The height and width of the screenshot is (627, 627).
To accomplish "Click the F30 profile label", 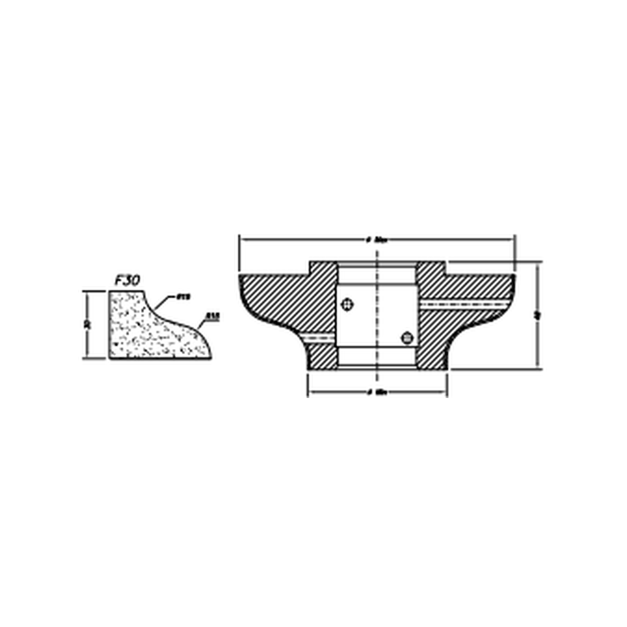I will click(127, 280).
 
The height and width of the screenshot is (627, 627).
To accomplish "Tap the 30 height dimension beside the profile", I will click(88, 324).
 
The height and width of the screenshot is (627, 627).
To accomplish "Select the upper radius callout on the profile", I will click(182, 297).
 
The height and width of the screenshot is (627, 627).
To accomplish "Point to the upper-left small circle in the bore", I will click(348, 304).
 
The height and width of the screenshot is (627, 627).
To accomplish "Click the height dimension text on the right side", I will click(537, 315).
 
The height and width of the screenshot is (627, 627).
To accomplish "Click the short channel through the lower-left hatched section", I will click(320, 337).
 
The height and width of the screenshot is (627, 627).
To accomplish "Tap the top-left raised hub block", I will click(323, 268).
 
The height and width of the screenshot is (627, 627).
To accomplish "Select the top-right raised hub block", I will click(431, 268).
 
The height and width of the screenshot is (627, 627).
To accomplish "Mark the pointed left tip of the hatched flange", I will click(241, 277).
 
